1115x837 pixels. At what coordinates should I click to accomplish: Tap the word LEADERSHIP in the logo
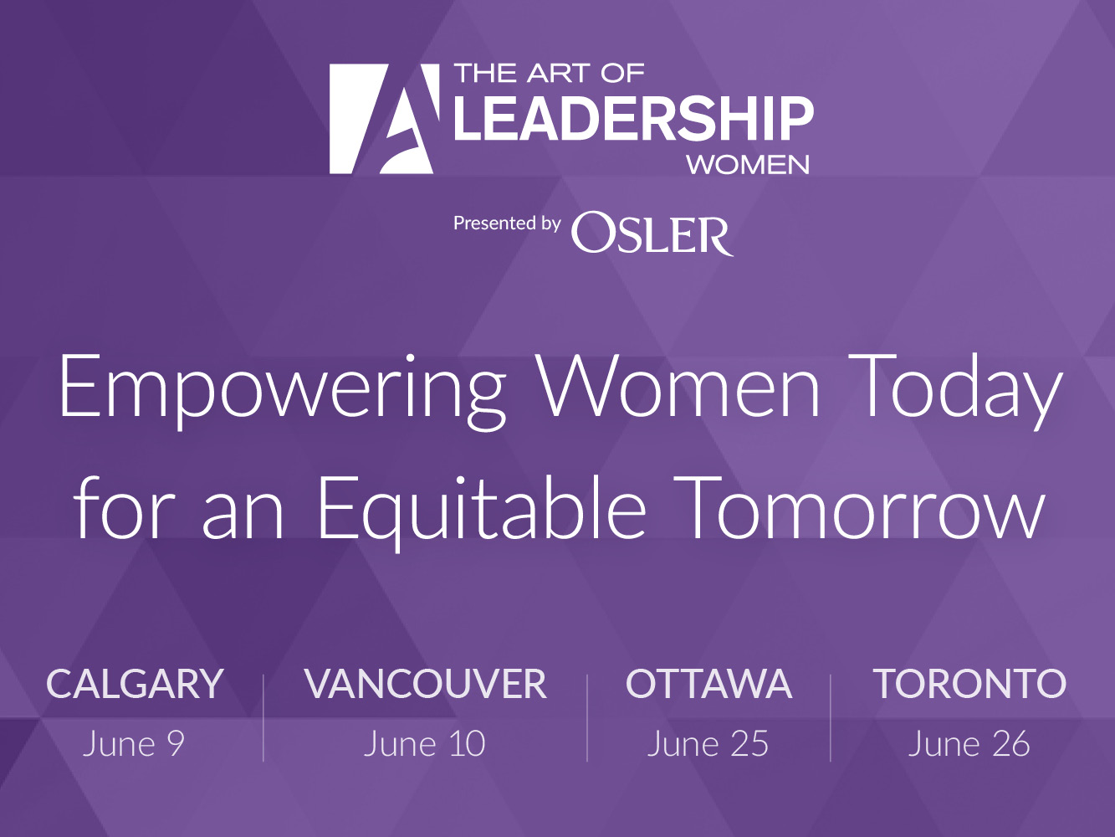point(633,118)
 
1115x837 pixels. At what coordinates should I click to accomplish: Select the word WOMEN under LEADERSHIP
point(748,165)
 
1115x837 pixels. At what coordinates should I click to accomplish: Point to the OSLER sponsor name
point(652,234)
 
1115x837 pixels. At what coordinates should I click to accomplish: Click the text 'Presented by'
point(507,224)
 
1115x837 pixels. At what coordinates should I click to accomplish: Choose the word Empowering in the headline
point(282,392)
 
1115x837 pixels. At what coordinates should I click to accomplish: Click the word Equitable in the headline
point(481,512)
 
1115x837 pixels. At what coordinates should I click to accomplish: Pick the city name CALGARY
point(135,684)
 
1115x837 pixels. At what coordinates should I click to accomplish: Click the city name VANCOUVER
point(425,684)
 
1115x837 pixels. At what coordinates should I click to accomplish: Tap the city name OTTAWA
point(708,684)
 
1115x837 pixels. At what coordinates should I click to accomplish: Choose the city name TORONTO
point(969,684)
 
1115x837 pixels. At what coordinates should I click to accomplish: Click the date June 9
point(134,744)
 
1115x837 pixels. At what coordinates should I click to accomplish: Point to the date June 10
point(425,744)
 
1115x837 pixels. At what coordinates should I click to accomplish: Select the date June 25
point(708,744)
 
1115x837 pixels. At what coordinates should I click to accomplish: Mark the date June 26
point(969,744)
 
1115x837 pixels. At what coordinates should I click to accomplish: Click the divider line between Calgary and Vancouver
point(263,717)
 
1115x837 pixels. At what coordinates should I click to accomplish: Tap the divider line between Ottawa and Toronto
point(831,717)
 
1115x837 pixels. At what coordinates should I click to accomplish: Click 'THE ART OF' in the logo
point(549,74)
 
